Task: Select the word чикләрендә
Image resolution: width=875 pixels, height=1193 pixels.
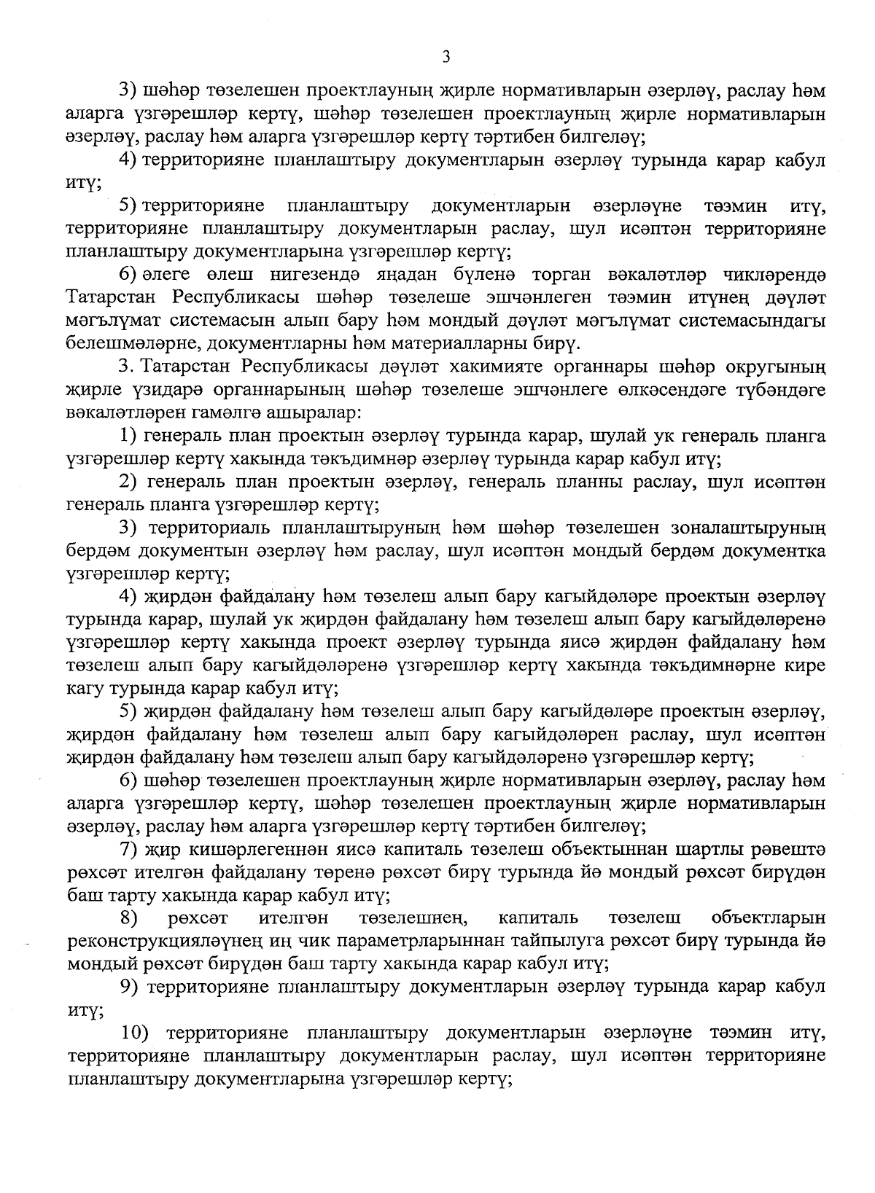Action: (x=772, y=275)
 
